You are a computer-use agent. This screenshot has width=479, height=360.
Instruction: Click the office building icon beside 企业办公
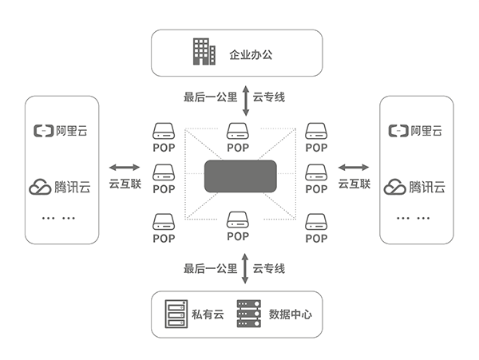pyautogui.click(x=204, y=52)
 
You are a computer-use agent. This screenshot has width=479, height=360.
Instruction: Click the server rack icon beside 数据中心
pyautogui.click(x=247, y=312)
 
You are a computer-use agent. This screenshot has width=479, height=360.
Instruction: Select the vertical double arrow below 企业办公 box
pyautogui.click(x=245, y=98)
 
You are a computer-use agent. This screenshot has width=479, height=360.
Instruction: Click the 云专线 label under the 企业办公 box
pyautogui.click(x=269, y=98)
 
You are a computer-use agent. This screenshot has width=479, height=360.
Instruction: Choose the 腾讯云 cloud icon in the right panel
pyautogui.click(x=394, y=187)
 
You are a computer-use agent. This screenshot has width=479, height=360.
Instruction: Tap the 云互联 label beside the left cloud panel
pyautogui.click(x=124, y=184)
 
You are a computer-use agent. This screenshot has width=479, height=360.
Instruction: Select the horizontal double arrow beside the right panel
pyautogui.click(x=354, y=168)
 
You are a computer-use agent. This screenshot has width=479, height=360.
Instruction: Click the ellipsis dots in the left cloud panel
pyautogui.click(x=57, y=218)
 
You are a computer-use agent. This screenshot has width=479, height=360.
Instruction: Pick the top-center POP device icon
pyautogui.click(x=238, y=130)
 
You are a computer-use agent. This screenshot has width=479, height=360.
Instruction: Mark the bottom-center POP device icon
pyautogui.click(x=238, y=219)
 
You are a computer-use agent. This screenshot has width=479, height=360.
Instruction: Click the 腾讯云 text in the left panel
pyautogui.click(x=73, y=188)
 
